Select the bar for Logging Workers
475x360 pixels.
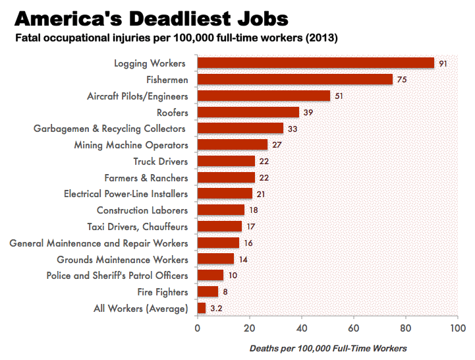click(x=316, y=63)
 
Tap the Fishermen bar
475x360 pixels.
click(x=294, y=80)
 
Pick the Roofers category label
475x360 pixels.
click(x=172, y=112)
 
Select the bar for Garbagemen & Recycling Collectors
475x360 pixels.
click(x=240, y=129)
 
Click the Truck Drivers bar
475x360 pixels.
click(x=226, y=162)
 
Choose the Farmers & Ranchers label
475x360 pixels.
click(x=146, y=178)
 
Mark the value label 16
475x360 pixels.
click(x=249, y=243)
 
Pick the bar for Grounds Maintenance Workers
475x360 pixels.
click(x=215, y=259)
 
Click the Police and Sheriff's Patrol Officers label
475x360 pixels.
click(x=117, y=276)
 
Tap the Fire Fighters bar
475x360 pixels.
click(x=208, y=292)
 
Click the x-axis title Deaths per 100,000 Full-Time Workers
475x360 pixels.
click(x=328, y=348)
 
